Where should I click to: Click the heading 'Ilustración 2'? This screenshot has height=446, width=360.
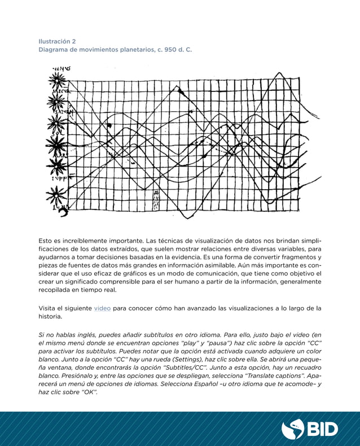click(57, 41)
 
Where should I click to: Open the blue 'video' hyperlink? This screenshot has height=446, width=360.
click(102, 308)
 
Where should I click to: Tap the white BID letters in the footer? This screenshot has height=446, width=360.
click(322, 429)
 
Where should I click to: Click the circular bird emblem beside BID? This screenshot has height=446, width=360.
click(293, 429)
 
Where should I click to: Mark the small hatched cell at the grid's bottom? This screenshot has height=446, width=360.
click(156, 198)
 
